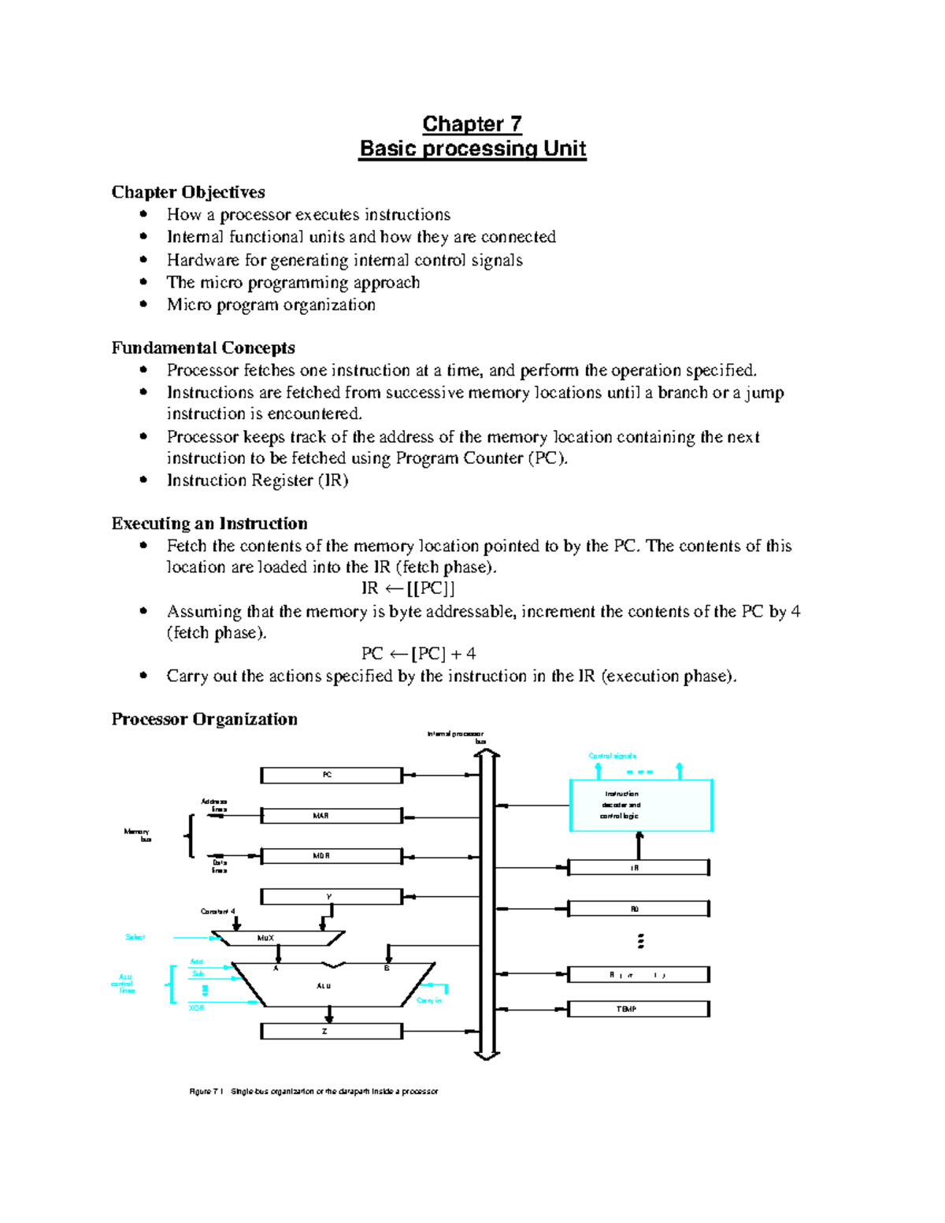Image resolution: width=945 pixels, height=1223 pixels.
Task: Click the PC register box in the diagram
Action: point(332,776)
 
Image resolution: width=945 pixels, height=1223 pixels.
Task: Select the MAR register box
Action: point(332,816)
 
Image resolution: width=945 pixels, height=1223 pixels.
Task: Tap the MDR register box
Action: point(332,856)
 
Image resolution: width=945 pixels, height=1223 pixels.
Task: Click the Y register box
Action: point(332,897)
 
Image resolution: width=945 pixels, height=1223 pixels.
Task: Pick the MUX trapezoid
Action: point(277,938)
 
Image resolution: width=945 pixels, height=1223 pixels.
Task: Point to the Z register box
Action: point(332,1032)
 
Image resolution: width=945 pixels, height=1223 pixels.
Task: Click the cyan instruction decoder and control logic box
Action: point(640,806)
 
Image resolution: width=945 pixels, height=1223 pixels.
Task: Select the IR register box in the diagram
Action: point(638,868)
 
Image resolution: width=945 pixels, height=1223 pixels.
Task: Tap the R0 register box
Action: point(638,909)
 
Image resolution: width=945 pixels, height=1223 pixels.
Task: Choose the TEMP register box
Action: point(638,1009)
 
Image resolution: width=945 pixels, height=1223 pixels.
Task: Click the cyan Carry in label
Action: point(429,1000)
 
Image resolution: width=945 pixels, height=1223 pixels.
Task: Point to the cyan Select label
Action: point(135,937)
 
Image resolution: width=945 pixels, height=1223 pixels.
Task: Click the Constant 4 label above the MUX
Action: point(218,912)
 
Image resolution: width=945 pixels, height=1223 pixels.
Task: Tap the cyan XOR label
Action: point(197,1008)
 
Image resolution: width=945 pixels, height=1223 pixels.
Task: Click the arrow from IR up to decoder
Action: point(639,846)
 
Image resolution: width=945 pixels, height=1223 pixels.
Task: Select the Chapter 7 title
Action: point(472,124)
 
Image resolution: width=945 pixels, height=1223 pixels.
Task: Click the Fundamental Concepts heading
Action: point(203,348)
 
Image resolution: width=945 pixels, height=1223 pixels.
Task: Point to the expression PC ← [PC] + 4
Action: point(418,654)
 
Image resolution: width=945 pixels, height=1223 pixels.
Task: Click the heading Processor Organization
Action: point(204,719)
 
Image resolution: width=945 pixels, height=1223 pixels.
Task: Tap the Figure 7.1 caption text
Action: point(313,1091)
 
